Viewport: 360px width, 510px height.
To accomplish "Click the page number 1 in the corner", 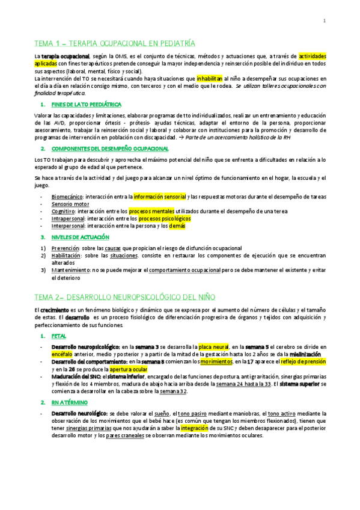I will [324, 22].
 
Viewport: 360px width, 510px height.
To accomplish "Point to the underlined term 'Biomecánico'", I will [67, 197].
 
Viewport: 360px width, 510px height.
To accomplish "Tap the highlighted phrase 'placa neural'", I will [214, 347].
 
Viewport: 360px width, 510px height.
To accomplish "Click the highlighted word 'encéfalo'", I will [61, 355].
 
